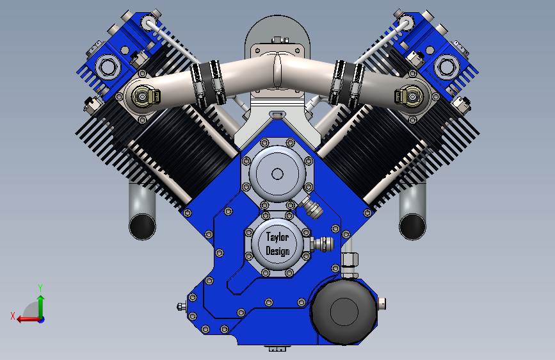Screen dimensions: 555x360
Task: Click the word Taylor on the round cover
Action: (x=278, y=237)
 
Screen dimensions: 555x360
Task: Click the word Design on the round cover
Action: (x=278, y=251)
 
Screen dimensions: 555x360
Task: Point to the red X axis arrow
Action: (x=28, y=319)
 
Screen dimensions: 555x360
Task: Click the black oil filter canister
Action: (x=343, y=311)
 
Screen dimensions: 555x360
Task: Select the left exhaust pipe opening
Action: (x=142, y=226)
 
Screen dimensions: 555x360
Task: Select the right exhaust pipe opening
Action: (x=412, y=226)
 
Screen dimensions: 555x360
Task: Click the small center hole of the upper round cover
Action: (x=277, y=174)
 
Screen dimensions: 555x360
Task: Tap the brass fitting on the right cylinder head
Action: (x=409, y=96)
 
